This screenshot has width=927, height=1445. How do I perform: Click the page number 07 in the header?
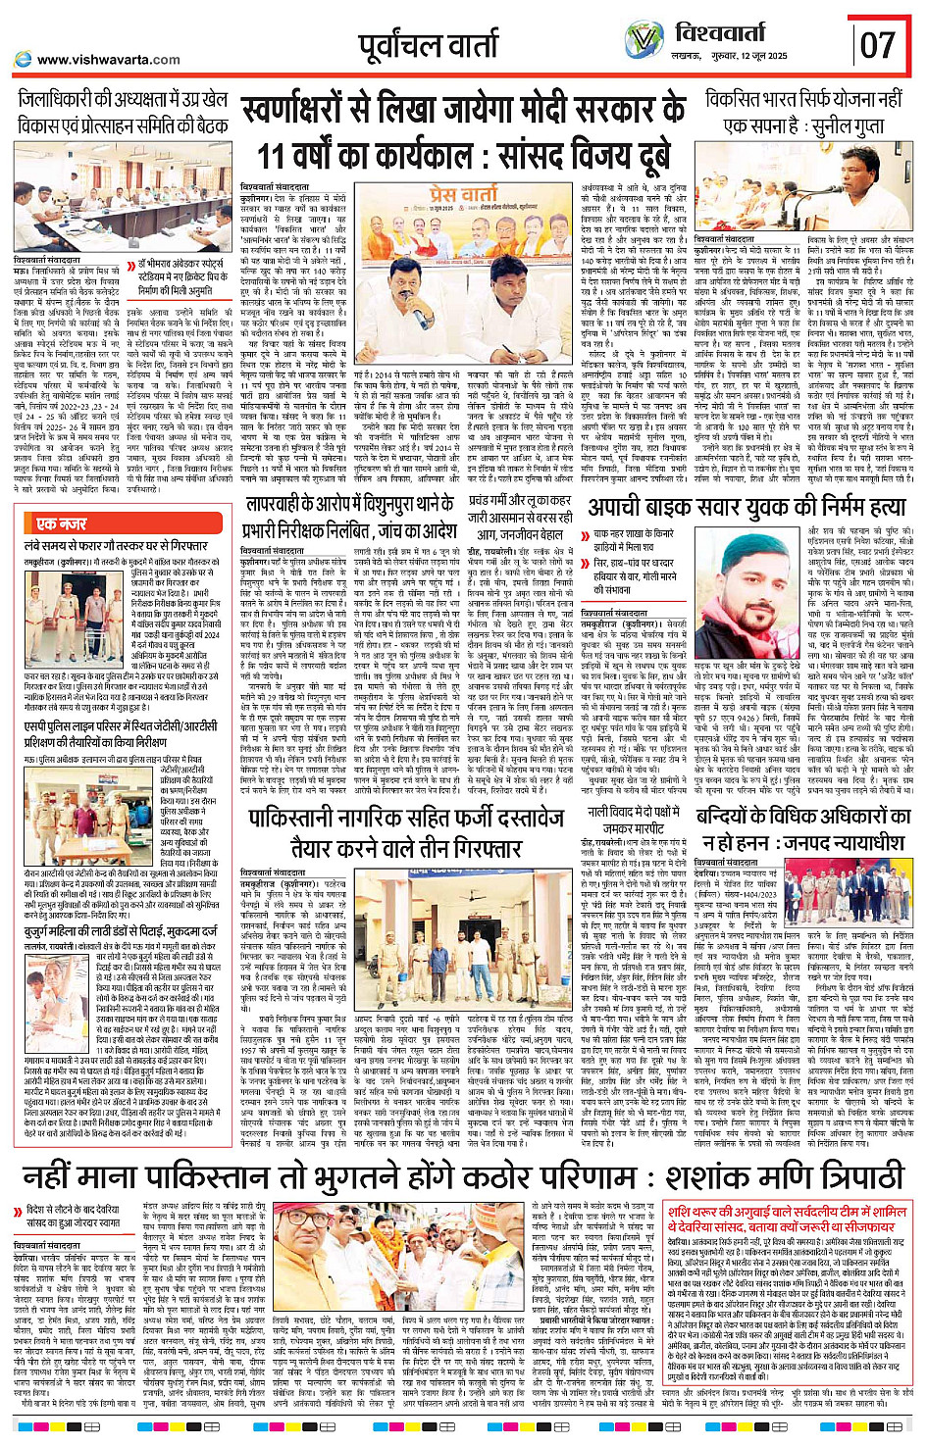point(877,44)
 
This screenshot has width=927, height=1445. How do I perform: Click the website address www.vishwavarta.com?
point(108,60)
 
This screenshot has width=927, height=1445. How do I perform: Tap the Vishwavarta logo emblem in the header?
point(644,41)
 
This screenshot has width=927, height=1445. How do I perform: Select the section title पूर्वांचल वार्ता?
point(428,46)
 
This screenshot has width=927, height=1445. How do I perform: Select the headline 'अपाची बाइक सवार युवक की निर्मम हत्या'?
point(746,507)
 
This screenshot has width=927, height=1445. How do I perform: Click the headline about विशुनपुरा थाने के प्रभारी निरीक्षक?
point(349,517)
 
